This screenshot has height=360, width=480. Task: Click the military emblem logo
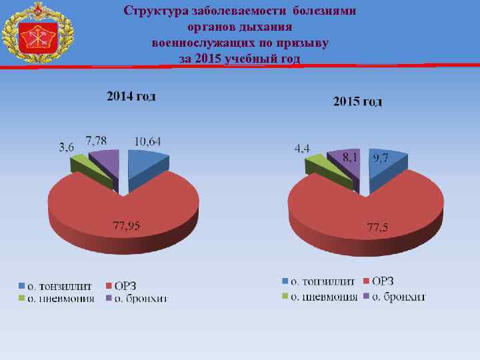[x=36, y=34]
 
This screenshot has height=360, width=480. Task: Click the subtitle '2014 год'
[x=132, y=97]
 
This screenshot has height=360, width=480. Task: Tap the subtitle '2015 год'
[x=357, y=102]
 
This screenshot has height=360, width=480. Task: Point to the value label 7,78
[x=96, y=139]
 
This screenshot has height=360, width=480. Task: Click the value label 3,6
[x=67, y=147]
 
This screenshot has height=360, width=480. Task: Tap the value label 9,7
[x=381, y=157]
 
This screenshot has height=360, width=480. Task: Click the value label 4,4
[x=301, y=148]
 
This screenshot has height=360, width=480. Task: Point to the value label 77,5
[x=378, y=229]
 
